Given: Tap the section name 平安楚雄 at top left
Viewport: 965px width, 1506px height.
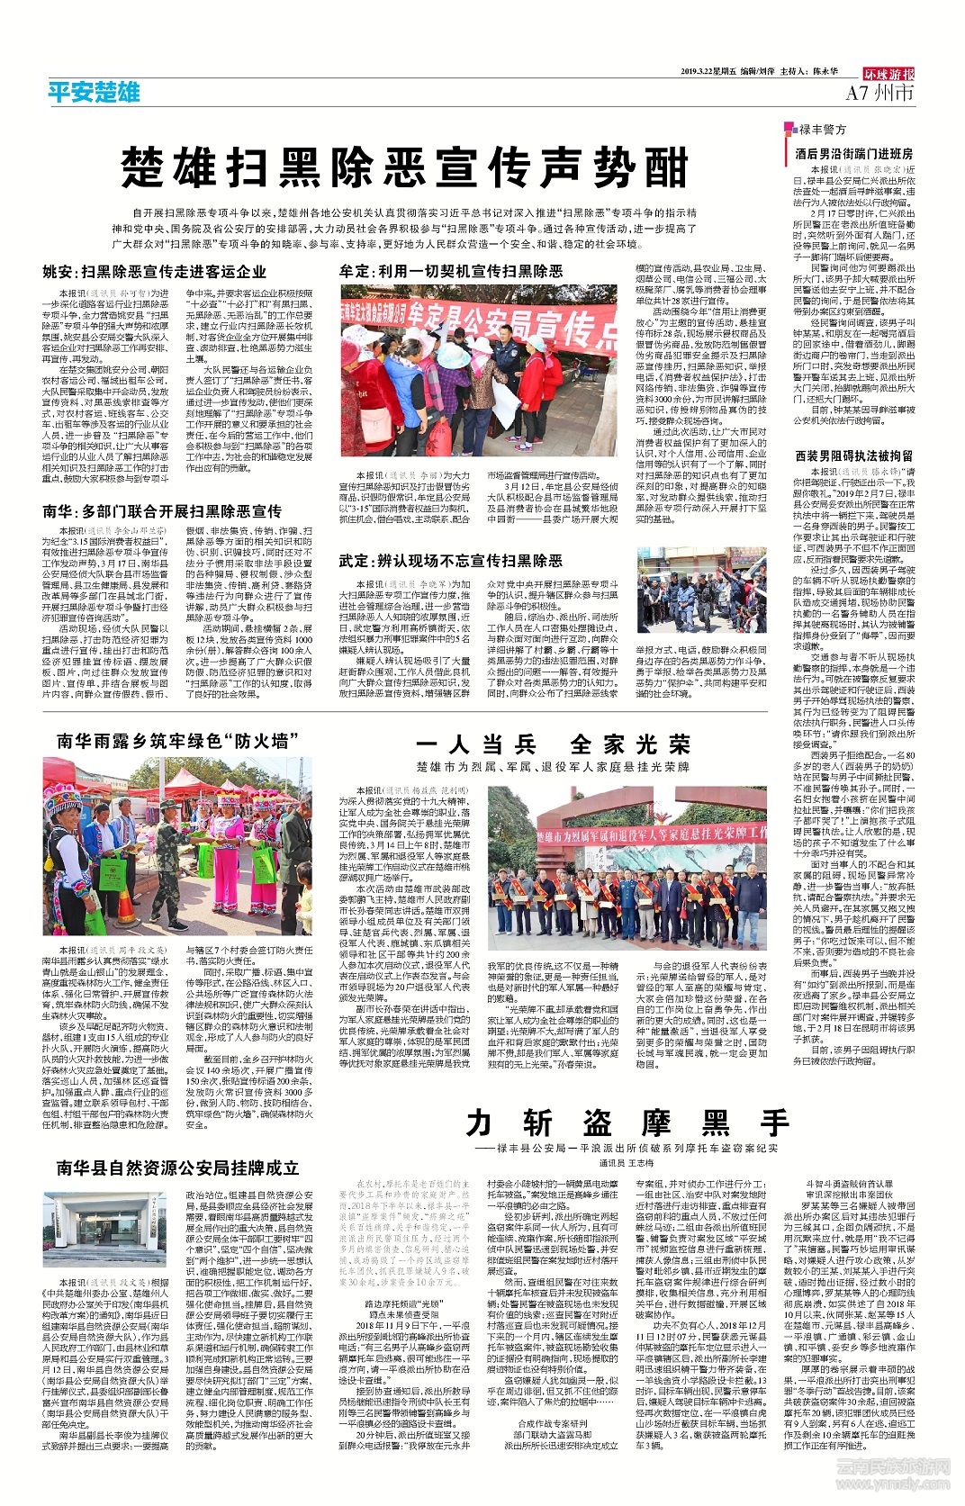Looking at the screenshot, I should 94,91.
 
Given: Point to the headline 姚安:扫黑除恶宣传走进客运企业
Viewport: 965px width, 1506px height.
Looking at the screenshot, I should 155,271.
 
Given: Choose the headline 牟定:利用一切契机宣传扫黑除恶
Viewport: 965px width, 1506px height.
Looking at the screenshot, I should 451,271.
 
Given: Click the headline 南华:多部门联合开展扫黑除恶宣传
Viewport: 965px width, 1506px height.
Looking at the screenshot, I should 162,510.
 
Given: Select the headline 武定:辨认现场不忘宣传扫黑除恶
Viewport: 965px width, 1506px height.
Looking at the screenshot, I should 451,561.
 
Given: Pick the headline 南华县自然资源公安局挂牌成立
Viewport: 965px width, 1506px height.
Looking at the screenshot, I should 177,1168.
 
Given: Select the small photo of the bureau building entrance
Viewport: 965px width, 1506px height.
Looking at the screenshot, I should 104,1231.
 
